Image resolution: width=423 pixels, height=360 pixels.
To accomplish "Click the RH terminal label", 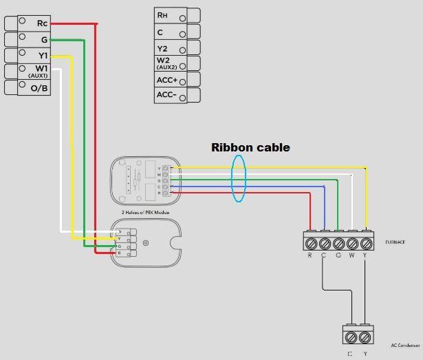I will tap(162, 15).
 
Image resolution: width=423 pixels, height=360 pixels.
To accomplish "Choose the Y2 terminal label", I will tap(162, 48).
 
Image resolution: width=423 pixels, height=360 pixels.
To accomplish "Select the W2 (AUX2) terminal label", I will tap(163, 64).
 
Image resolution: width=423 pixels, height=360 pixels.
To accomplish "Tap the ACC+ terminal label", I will tap(166, 81).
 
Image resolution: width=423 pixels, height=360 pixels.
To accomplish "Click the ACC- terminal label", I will tap(166, 95).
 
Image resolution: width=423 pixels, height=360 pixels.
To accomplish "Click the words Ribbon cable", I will tap(250, 147).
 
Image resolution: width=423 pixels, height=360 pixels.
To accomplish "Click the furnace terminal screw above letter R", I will tap(310, 243).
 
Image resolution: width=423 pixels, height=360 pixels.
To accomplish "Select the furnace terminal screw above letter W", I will tap(352, 243).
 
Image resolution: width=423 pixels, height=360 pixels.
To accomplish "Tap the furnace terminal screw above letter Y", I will tap(366, 243).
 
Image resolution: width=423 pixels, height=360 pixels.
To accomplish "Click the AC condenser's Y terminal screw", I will tap(365, 337).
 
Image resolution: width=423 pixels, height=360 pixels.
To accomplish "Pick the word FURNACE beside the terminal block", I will tap(395, 242).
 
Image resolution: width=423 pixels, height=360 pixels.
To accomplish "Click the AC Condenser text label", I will tap(405, 346).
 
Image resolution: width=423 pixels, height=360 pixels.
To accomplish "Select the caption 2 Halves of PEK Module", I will tap(145, 212).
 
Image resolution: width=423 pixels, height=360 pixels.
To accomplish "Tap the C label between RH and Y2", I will tap(160, 32).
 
